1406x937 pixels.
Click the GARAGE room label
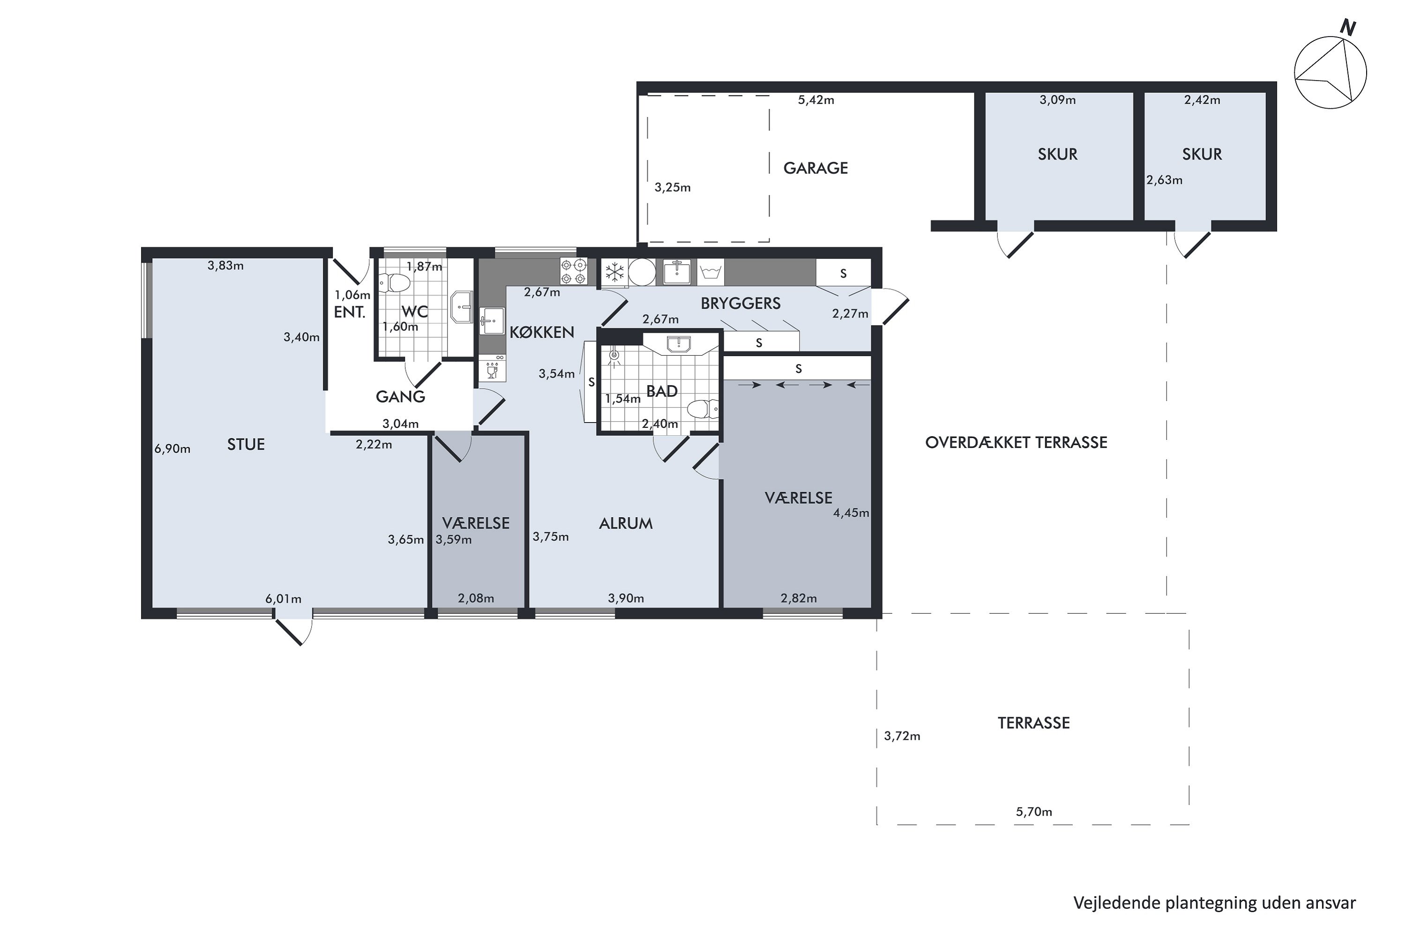pos(815,168)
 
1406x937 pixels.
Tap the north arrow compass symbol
pos(1330,72)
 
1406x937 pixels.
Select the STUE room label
pos(246,444)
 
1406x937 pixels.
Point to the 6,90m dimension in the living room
pos(172,448)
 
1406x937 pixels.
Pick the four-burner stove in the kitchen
pos(573,271)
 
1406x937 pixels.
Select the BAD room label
pos(662,391)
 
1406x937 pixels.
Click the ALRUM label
pos(626,523)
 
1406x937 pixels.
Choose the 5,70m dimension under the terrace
pos(1033,811)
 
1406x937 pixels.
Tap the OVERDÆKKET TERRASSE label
pos(1016,442)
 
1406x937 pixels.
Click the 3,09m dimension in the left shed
pos(1057,100)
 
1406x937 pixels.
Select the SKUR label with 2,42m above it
pos(1202,154)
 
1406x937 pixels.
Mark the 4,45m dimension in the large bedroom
pos(851,513)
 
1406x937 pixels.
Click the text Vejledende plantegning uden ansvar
pos(1215,902)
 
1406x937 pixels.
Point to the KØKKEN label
pos(542,332)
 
